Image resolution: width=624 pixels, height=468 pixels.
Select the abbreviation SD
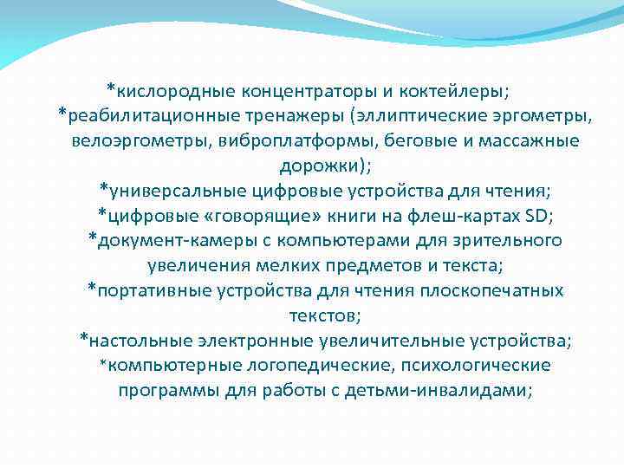[538, 215]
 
